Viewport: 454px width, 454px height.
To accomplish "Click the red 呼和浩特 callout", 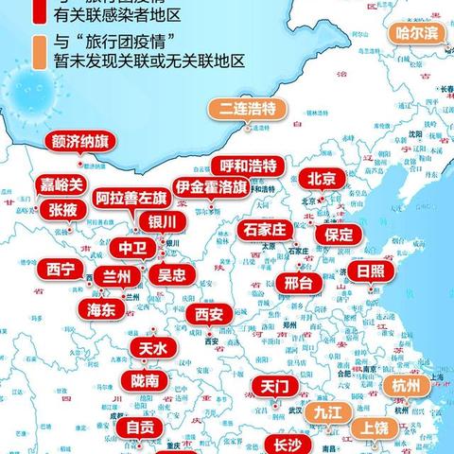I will (243, 166).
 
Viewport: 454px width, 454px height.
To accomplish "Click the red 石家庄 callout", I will (265, 230).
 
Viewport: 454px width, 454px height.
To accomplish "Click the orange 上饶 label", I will (373, 428).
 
